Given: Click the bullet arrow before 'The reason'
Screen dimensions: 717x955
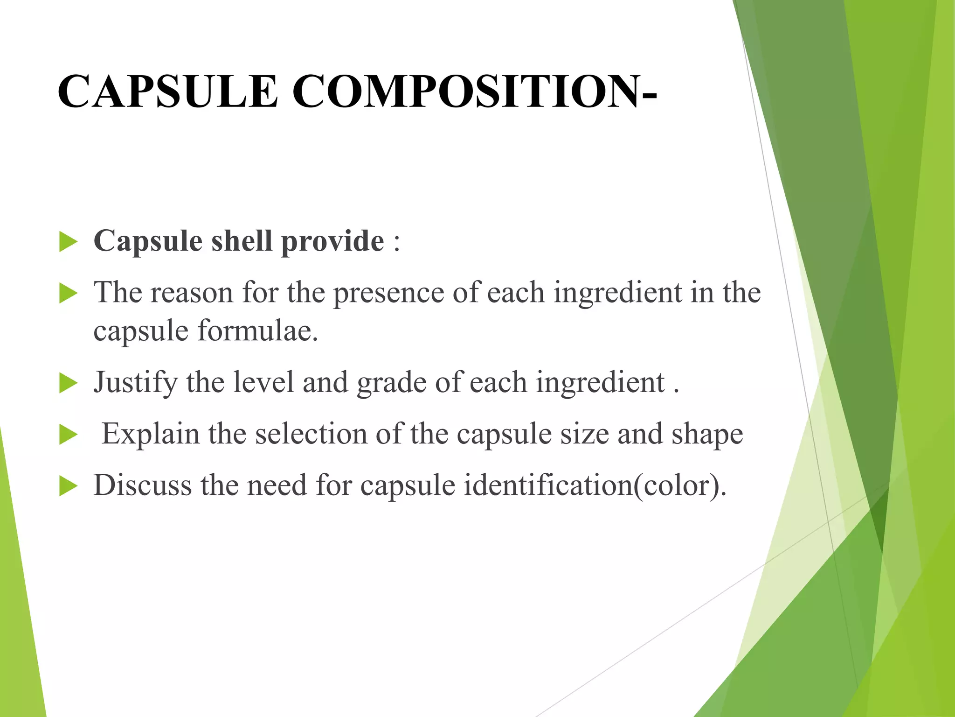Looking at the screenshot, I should point(68,294).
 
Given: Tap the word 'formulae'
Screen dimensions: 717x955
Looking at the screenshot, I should point(257,331).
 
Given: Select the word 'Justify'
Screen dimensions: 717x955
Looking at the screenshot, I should point(135,383).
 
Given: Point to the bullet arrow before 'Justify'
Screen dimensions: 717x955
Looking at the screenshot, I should point(68,384).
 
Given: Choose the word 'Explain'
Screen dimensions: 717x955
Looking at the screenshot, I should point(151,434).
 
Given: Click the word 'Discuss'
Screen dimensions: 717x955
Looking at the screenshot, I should point(142,485).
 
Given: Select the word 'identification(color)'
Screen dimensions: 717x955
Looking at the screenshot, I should point(595,485).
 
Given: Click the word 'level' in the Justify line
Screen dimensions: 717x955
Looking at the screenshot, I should point(263,383).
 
